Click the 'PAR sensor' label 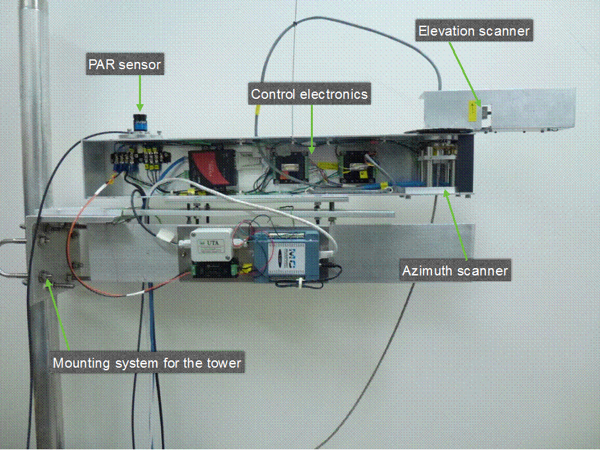tap(124, 65)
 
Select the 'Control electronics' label tap(309, 94)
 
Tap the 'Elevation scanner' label tap(474, 30)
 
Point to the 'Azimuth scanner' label tap(455, 270)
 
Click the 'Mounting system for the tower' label tap(147, 362)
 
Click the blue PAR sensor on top tap(140, 123)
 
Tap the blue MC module tap(290, 254)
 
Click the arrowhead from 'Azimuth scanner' tap(448, 191)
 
